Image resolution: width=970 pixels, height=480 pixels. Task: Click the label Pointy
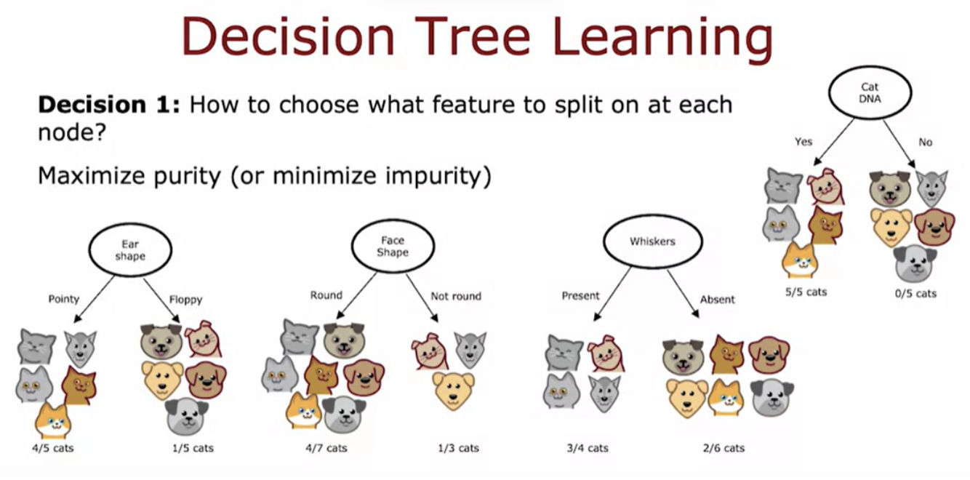point(64,299)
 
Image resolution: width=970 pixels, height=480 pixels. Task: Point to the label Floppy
point(185,300)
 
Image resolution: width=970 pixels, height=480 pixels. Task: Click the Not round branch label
point(456,296)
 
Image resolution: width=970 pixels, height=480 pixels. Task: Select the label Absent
point(718,300)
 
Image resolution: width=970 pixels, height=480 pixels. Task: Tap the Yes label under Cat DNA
point(803,142)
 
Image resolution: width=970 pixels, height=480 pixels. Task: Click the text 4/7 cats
point(326,448)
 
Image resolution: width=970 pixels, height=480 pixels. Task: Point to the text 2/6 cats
point(724,448)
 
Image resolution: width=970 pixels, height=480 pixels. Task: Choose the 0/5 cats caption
point(916,294)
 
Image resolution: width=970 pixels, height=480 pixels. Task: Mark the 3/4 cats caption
point(588,448)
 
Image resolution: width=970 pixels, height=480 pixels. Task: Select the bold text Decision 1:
point(109,105)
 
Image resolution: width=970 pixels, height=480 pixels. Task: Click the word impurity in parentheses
point(433,176)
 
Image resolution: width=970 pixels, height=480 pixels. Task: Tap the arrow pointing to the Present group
point(612,294)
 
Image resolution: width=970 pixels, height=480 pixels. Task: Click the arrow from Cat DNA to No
point(899,144)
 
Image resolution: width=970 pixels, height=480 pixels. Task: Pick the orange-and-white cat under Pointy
point(53,420)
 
